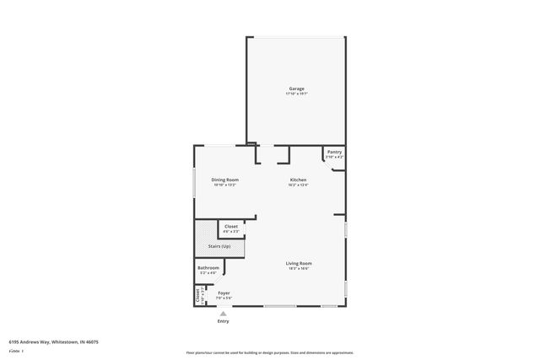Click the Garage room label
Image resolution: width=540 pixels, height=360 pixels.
click(296, 89)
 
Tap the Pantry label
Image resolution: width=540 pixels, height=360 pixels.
click(334, 152)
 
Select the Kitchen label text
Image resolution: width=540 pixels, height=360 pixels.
click(298, 180)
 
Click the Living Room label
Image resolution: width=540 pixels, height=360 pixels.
click(299, 263)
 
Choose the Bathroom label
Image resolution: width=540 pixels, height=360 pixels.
click(208, 268)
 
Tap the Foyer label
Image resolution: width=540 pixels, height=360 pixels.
click(224, 293)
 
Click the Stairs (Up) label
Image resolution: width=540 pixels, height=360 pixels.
click(219, 246)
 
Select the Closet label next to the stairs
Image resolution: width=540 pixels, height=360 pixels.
click(230, 226)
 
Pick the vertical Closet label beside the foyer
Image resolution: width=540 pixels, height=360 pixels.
click(197, 296)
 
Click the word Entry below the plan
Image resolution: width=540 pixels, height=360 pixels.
click(224, 321)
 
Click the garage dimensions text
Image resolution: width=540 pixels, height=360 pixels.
click(296, 94)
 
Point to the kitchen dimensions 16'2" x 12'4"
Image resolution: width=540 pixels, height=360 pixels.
click(298, 185)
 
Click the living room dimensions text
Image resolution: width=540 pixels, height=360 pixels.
click(299, 268)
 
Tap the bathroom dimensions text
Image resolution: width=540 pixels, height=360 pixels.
click(208, 273)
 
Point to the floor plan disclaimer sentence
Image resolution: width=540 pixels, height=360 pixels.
click(270, 352)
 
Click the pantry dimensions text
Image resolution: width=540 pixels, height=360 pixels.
click(334, 157)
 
